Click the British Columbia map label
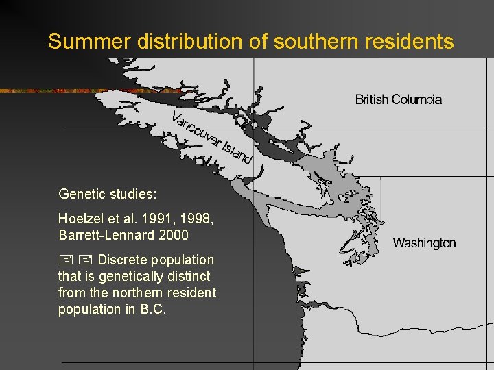tap(399, 99)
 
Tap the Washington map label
tap(424, 243)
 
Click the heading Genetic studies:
tap(108, 195)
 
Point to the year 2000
tap(173, 235)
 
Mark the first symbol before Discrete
tap(65, 260)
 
